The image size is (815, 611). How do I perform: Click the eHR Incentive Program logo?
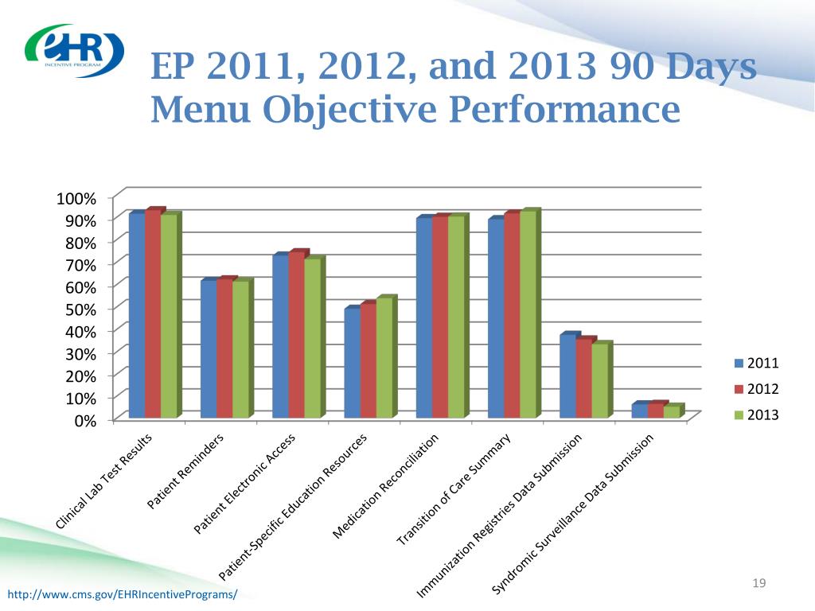74,50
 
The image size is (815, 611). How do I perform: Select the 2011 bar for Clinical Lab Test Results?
137,315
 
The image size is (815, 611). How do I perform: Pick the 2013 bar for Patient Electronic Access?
313,337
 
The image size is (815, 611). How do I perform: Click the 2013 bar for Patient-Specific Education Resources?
384,357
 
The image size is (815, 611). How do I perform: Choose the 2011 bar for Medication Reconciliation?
425,317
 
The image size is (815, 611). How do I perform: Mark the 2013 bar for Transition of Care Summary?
528,313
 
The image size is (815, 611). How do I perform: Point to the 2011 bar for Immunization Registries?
568,375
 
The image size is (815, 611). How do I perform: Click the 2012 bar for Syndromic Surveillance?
656,410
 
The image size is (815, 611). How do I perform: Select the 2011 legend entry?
756,363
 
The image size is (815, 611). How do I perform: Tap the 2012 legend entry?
756,388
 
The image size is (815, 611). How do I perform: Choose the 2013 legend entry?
756,414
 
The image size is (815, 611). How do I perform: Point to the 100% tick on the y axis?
76,198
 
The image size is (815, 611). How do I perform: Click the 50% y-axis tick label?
81,309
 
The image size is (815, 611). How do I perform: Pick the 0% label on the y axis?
86,421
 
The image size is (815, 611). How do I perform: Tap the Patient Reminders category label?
185,471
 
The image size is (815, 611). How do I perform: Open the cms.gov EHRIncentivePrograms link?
122,593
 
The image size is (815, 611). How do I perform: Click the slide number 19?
758,583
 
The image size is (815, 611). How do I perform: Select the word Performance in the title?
564,109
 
